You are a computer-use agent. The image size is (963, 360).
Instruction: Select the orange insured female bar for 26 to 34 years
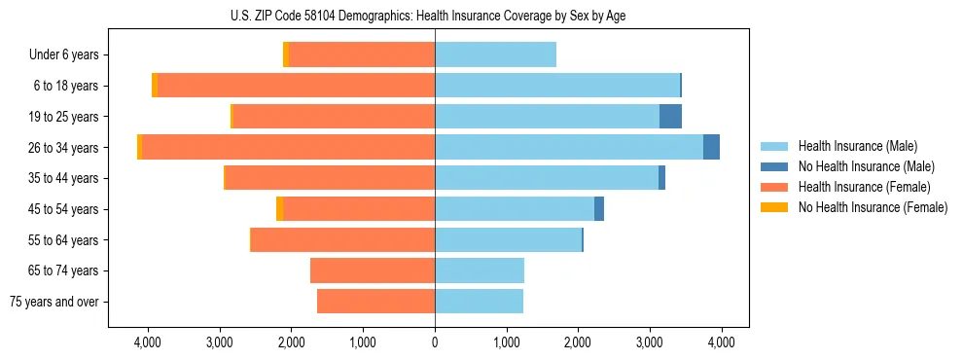(288, 148)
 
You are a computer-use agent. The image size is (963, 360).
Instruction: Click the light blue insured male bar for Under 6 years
(495, 54)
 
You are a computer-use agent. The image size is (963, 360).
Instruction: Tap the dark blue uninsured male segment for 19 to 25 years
(670, 117)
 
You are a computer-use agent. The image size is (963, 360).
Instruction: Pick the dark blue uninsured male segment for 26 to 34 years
(711, 148)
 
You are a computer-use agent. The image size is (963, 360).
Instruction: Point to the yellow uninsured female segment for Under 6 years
(285, 54)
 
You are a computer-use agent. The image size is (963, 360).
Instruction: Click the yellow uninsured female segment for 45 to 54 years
(279, 209)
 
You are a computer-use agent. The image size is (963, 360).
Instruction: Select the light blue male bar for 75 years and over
(479, 302)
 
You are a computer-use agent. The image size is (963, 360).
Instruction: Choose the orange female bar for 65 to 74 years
(373, 270)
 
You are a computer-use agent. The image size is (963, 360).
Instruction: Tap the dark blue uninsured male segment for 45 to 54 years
(599, 209)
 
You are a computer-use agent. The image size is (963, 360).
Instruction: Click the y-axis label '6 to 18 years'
(65, 86)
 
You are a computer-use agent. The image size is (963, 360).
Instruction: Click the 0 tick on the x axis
(435, 342)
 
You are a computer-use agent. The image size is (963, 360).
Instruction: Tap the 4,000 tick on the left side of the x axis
(148, 342)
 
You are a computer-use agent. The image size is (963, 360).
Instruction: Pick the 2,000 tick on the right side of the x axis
(578, 342)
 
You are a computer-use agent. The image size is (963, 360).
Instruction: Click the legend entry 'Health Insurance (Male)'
(857, 146)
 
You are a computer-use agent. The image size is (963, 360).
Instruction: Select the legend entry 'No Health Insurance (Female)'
(873, 207)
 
